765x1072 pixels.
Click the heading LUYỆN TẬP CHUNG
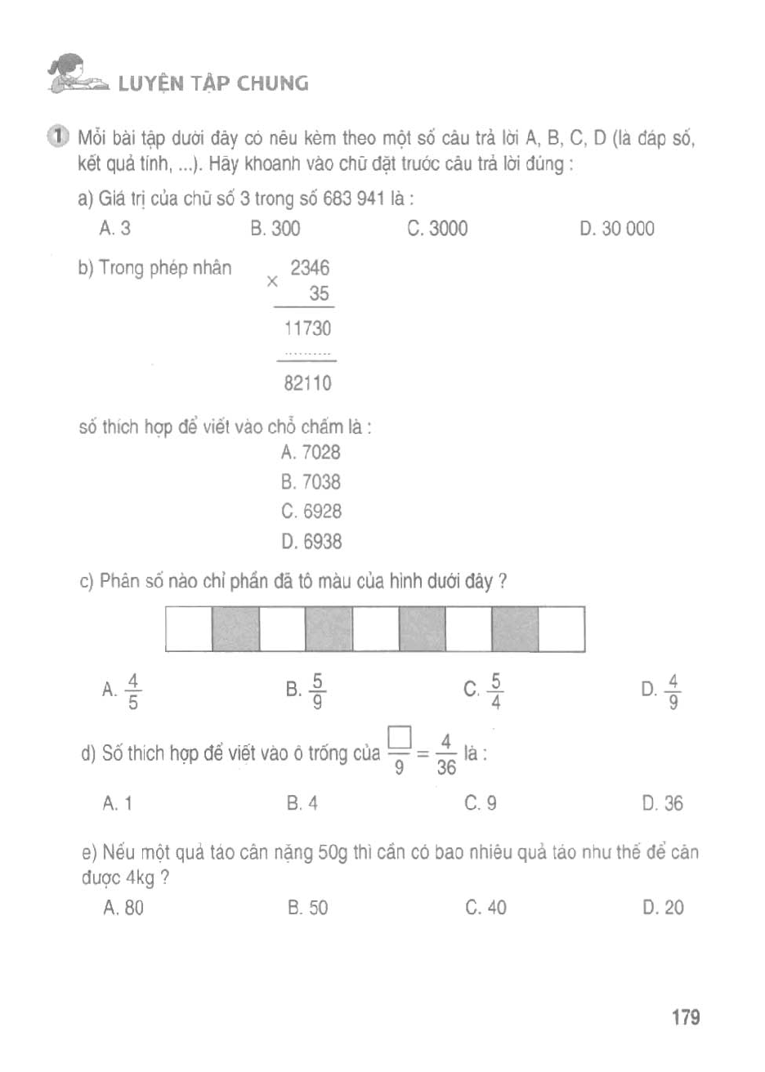click(213, 83)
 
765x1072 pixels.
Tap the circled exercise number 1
click(58, 136)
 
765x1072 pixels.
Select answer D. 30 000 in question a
click(617, 229)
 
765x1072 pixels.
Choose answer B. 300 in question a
click(275, 229)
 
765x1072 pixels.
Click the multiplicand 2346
click(310, 268)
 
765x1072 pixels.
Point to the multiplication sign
click(272, 281)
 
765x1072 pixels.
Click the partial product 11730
click(307, 328)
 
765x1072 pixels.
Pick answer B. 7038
click(311, 482)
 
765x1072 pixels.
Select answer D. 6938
click(311, 541)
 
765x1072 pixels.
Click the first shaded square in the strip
click(235, 628)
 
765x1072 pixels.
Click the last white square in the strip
click(561, 628)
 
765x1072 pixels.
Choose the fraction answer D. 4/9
click(663, 691)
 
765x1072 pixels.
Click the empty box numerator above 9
click(399, 738)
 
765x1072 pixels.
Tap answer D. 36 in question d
click(663, 803)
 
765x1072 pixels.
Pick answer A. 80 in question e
click(123, 907)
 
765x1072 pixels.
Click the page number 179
click(686, 1017)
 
